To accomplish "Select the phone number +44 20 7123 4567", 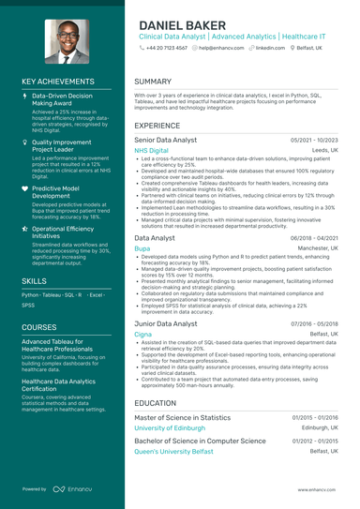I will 165,47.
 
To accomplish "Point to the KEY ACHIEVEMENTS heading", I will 62,82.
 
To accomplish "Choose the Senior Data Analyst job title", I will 166,139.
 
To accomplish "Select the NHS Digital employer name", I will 152,150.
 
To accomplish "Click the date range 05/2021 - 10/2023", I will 314,139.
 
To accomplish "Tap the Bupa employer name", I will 142,249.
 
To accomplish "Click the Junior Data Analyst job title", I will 166,322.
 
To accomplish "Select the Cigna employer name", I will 143,334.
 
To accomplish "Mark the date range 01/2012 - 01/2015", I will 314,441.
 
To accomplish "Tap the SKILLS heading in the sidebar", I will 35,280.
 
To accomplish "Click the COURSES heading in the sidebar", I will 39,327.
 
